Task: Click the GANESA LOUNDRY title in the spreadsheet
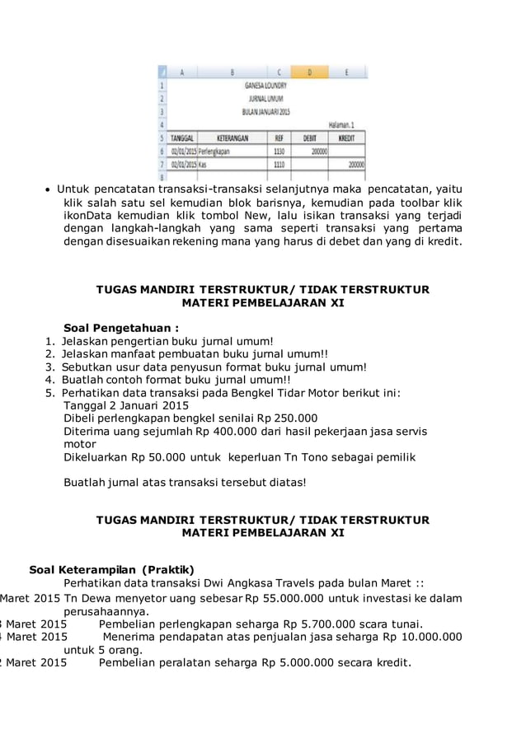tap(265, 85)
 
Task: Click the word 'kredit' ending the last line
tap(387, 662)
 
